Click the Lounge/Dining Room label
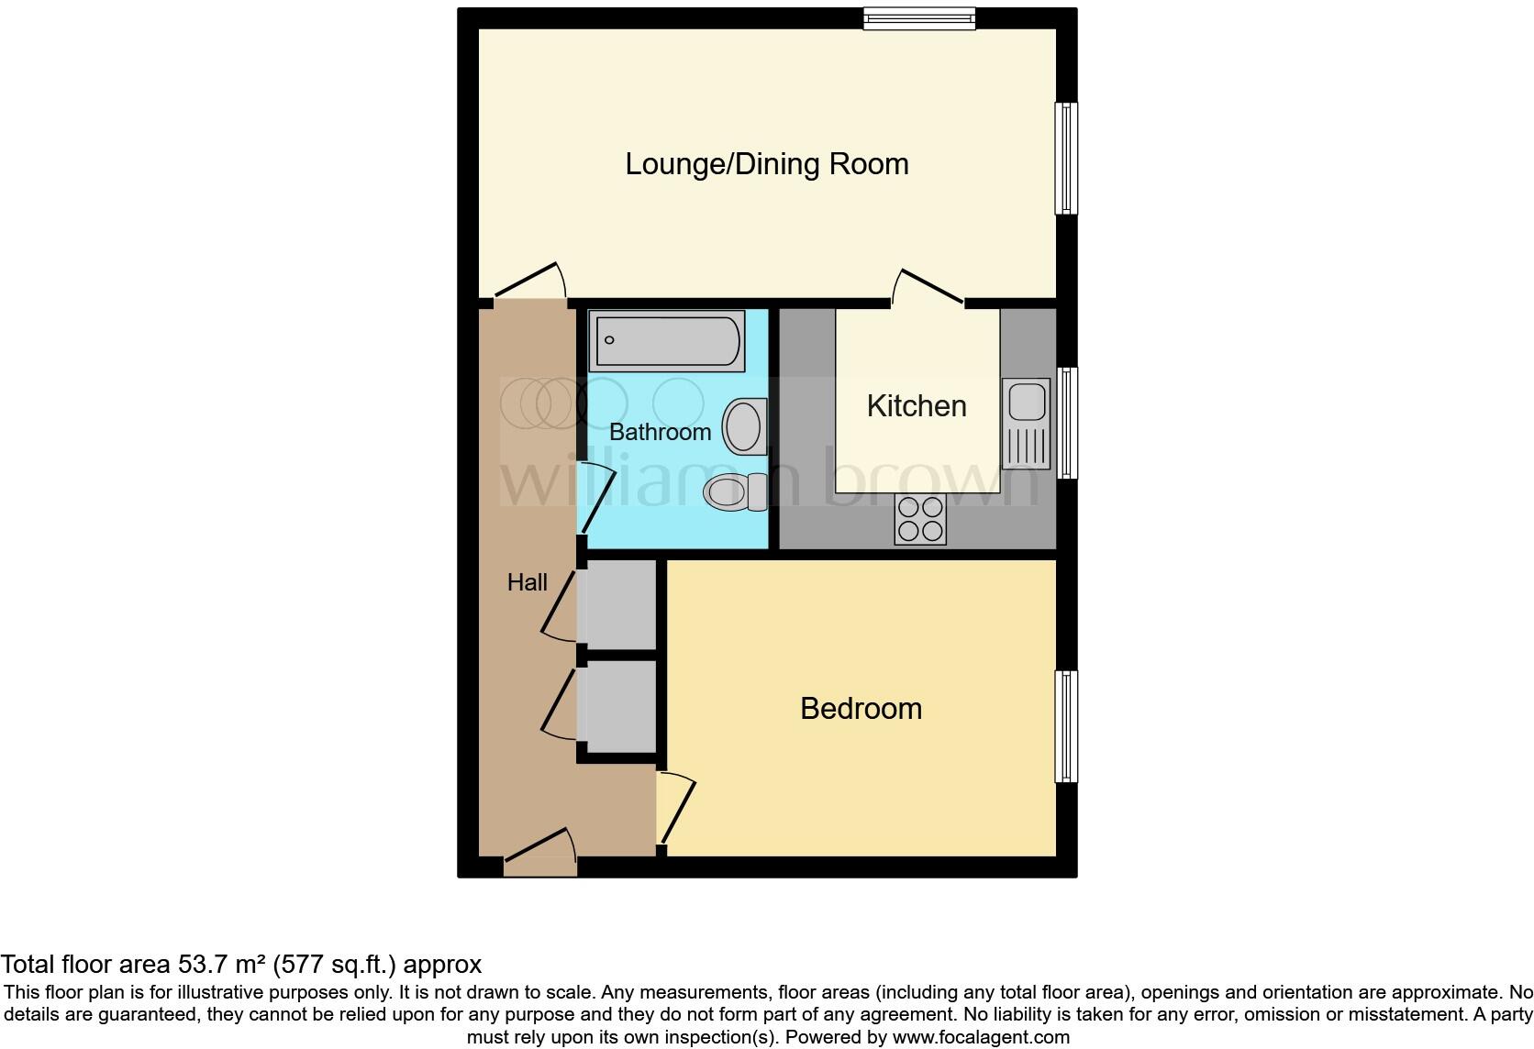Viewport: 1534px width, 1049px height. (x=767, y=164)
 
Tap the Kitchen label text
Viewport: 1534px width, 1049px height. (x=917, y=406)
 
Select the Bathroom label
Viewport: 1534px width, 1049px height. (x=660, y=432)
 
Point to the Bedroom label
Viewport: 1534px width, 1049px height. (x=861, y=709)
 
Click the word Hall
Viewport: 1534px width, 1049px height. (x=528, y=582)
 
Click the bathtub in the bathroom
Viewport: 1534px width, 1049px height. (x=666, y=340)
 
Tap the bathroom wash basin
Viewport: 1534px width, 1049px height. (x=744, y=426)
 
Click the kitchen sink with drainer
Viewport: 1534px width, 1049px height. (x=1027, y=423)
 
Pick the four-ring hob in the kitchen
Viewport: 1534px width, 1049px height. (x=920, y=519)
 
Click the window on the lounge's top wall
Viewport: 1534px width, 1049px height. (x=918, y=17)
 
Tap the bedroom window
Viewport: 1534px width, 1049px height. (x=1066, y=726)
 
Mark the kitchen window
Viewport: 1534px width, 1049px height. (x=1066, y=423)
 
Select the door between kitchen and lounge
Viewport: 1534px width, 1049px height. (x=928, y=286)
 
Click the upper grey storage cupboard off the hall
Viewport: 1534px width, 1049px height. (x=617, y=604)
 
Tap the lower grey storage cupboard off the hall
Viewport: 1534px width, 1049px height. (x=617, y=706)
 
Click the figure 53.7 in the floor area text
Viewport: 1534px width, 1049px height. (x=199, y=965)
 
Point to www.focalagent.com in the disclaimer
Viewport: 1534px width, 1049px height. (x=981, y=1037)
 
